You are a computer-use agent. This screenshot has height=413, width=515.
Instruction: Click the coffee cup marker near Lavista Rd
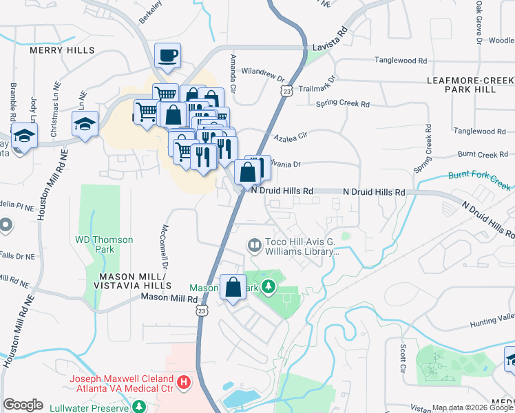point(167,56)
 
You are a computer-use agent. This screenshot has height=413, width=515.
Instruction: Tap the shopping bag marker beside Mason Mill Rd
point(233,288)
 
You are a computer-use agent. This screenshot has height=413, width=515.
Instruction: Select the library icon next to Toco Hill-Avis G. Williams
point(254,245)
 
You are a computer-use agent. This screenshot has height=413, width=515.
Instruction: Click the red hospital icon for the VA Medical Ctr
point(184,381)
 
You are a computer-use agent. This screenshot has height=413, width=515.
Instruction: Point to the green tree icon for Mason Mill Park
point(269,286)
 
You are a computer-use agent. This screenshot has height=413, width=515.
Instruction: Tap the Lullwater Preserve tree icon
point(139,406)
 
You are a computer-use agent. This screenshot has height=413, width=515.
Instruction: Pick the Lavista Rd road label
point(333,39)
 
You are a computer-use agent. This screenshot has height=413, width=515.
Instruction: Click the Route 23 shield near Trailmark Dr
point(287,90)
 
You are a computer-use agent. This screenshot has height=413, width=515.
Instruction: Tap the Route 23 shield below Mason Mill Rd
point(200,311)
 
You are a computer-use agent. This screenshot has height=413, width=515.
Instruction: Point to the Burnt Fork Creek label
point(479,181)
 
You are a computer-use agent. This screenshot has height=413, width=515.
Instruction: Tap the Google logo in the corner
point(23,405)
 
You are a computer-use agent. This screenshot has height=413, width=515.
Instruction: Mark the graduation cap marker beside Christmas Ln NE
point(85,126)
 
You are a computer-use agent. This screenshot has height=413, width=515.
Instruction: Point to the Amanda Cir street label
point(233,74)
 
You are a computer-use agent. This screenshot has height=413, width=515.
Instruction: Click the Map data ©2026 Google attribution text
point(472,407)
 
